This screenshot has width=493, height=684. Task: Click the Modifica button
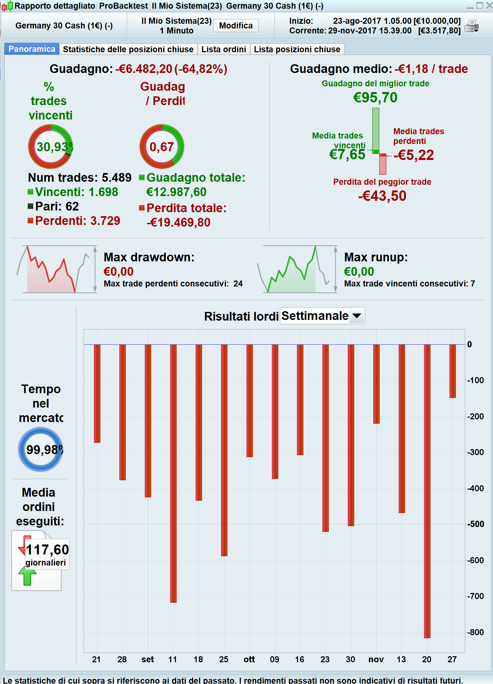point(236,26)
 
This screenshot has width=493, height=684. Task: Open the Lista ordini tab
point(223,50)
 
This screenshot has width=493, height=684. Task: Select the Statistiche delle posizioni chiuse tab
point(128,50)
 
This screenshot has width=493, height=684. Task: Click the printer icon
point(472,26)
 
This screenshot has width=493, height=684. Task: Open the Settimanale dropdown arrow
point(357,316)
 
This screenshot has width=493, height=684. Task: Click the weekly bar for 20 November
point(427,491)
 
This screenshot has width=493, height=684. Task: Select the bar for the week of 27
point(453,371)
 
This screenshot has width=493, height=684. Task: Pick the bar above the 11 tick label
point(173,473)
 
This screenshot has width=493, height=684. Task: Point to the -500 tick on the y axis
point(475,524)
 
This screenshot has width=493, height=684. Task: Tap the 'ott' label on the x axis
point(249,659)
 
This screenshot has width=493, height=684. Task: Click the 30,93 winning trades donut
point(51,147)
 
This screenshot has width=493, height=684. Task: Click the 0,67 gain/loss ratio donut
point(162,147)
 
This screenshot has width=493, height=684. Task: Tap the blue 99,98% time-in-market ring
point(40,449)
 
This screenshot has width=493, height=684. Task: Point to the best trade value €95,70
point(375,97)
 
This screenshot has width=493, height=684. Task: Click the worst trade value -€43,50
point(382,196)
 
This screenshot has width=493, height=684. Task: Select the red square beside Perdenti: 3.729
point(30,221)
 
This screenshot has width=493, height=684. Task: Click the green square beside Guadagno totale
point(142,177)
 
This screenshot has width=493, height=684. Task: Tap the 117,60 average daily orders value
point(47,550)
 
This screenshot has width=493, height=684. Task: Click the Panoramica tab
point(32,49)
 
